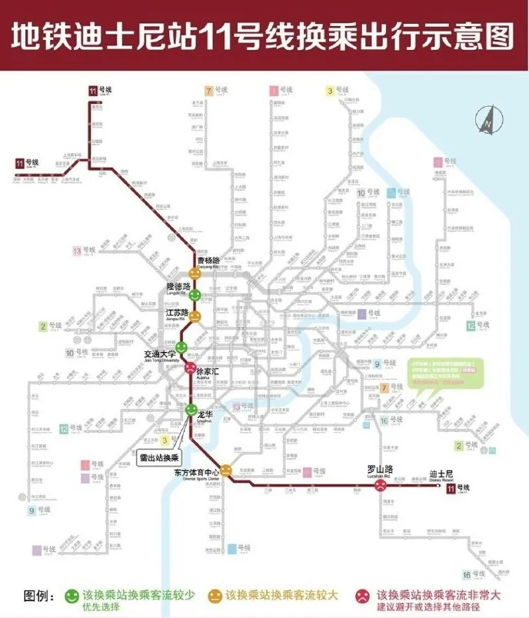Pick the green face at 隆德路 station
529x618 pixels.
pos(195,295)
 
